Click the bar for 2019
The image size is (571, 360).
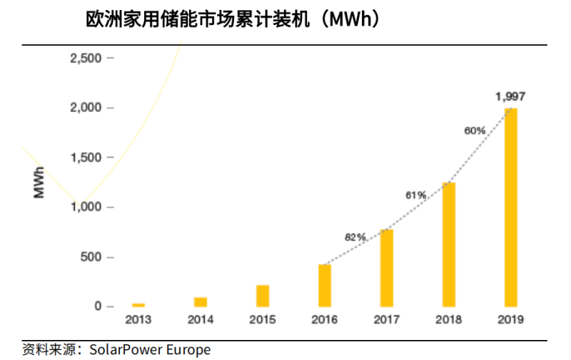[510, 207]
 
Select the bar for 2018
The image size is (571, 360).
[448, 244]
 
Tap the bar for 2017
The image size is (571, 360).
[386, 268]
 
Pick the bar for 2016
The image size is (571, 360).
[325, 285]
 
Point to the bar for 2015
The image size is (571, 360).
[263, 296]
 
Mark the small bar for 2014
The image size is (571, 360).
[201, 301]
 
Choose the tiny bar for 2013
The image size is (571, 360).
[138, 304]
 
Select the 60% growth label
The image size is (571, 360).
[475, 131]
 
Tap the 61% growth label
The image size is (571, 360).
[416, 194]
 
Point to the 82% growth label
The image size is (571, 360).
[355, 236]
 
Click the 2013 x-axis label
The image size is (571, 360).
[138, 320]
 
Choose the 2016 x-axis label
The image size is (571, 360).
[325, 320]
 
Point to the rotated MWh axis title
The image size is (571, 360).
[39, 182]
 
